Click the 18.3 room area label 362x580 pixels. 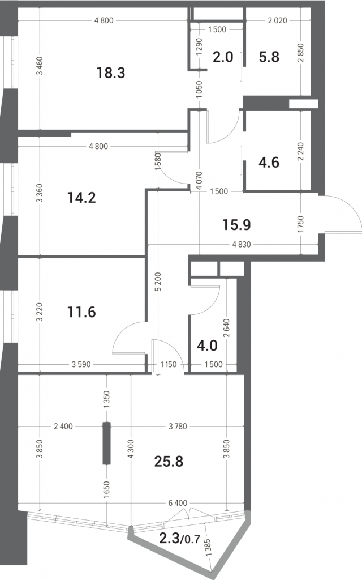tap(111, 73)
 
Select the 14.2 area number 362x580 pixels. tap(81, 198)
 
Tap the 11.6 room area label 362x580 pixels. tap(81, 312)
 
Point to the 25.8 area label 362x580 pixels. tap(169, 462)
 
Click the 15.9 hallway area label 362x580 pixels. tap(236, 224)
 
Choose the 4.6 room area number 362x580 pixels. tap(269, 163)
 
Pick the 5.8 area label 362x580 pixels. tap(269, 57)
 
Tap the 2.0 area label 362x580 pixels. tap(223, 57)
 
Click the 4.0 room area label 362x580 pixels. tap(207, 346)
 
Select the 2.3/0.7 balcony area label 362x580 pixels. tap(179, 539)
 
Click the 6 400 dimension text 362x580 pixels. tap(178, 503)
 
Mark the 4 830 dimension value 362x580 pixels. tap(242, 245)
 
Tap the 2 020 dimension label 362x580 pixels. tap(277, 20)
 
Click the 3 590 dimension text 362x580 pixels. tap(81, 364)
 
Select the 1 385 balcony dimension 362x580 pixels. tap(207, 547)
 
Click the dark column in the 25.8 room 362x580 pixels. tap(107, 443)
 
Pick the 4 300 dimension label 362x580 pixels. tap(131, 449)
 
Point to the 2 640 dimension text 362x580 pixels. tap(226, 328)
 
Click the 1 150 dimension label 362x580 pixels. tap(169, 364)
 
